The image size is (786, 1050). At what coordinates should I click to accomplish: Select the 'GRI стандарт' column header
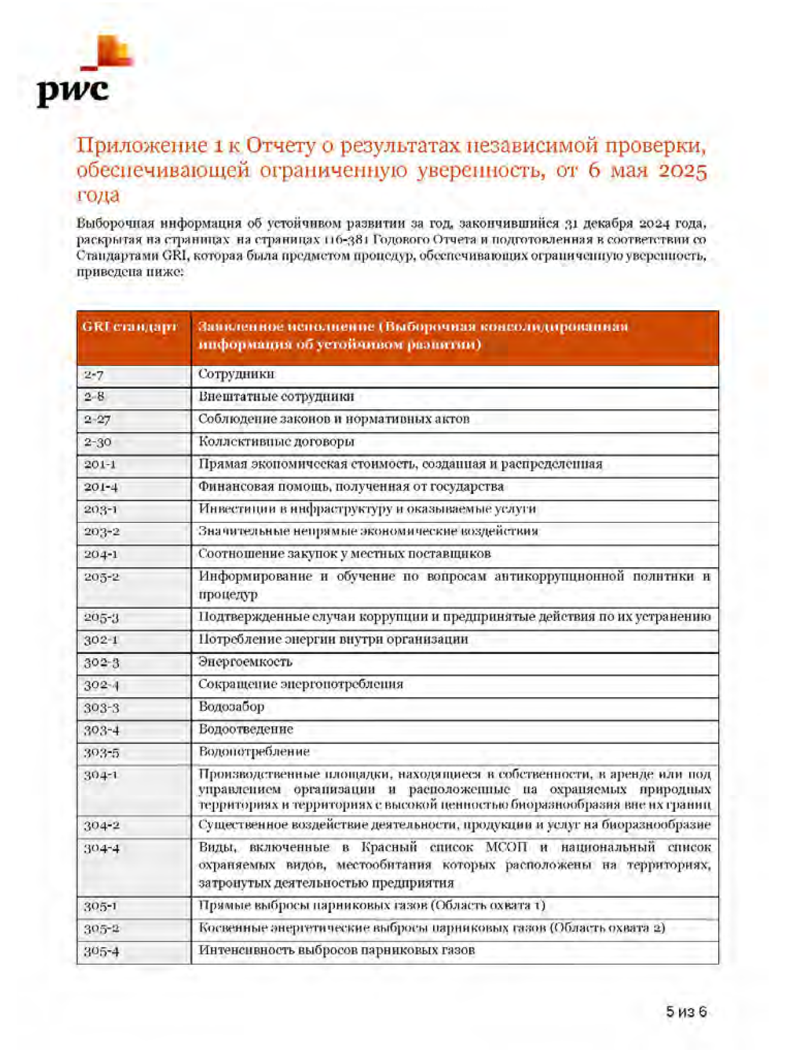130,327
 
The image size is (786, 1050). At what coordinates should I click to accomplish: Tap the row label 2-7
94,375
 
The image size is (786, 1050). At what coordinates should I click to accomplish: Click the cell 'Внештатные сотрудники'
276,397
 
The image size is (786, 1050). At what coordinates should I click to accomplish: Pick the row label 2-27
97,420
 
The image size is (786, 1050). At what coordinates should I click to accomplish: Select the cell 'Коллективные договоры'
276,442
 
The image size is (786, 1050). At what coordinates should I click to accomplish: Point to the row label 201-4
100,487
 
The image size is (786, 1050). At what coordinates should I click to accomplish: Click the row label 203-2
101,532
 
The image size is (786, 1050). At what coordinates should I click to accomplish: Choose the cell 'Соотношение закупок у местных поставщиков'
345,554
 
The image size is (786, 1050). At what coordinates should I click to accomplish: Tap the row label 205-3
101,618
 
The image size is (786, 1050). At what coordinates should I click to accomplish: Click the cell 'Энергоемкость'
245,662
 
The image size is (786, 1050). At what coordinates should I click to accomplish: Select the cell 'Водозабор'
232,707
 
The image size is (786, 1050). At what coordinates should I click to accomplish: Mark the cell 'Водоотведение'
246,729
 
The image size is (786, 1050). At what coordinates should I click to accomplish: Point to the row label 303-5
101,752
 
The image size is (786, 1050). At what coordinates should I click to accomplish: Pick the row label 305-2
101,929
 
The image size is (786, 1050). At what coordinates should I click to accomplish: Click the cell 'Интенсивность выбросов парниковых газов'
336,950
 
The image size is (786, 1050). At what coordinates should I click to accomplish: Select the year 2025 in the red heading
682,171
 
